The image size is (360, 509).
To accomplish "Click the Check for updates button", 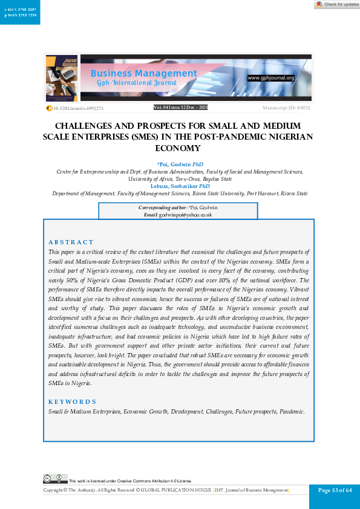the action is coord(337,4).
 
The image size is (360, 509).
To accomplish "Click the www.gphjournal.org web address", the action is coord(270,78).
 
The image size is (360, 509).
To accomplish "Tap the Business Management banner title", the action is coord(144,74).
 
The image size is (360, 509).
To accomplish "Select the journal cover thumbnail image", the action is coord(61,79).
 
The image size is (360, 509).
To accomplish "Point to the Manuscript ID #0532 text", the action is coord(286,108).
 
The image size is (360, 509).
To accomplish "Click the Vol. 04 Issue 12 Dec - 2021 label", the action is coord(180,107).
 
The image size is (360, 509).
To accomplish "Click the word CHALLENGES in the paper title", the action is coord(84,126).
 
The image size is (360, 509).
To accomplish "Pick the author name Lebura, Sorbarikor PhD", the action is coord(180,186).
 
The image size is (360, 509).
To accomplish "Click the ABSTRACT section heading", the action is coord(71,242).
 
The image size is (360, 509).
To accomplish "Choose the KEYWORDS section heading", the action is coord(72,401).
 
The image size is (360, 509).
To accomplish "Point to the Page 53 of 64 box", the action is coord(335,490).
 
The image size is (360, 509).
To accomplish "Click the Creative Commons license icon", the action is coord(54,478).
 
